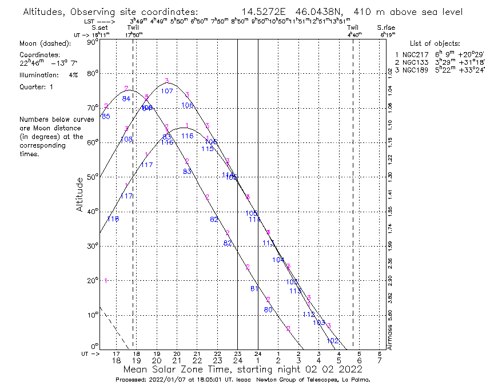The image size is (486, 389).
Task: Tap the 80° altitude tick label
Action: (x=92, y=73)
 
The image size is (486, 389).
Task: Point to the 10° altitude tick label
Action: (x=92, y=315)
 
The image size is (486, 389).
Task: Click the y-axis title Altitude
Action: (x=79, y=194)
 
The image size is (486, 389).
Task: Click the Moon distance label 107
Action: (x=167, y=91)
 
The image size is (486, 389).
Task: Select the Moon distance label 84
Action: (x=126, y=99)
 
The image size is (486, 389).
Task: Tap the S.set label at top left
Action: (x=100, y=27)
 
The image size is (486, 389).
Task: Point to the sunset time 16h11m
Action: (x=101, y=34)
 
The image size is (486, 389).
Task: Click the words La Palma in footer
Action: (x=356, y=380)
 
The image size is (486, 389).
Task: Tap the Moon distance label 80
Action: (x=268, y=309)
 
